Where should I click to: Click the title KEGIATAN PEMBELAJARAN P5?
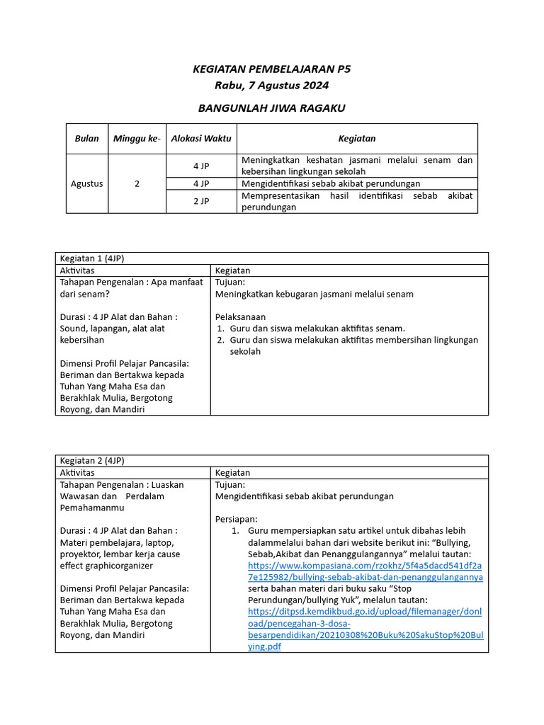click(272, 69)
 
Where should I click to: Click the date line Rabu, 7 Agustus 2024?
click(272, 85)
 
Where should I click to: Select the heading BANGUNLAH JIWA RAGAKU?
click(272, 108)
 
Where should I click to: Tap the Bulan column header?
click(86, 139)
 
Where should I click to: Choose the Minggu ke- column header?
click(137, 139)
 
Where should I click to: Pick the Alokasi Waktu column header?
click(201, 139)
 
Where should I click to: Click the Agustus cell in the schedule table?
click(86, 183)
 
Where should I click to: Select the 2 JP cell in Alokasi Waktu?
click(201, 201)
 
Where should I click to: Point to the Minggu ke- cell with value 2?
click(137, 183)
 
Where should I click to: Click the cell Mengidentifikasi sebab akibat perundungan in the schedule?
click(331, 183)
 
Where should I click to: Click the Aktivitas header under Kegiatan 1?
click(77, 270)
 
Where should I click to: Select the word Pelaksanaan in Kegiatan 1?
click(240, 316)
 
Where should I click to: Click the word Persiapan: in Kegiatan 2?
click(236, 519)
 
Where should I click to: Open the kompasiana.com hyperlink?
click(365, 571)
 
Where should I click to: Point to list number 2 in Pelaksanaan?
click(220, 340)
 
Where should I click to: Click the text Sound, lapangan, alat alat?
click(112, 329)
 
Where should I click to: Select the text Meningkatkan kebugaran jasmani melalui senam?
click(314, 294)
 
